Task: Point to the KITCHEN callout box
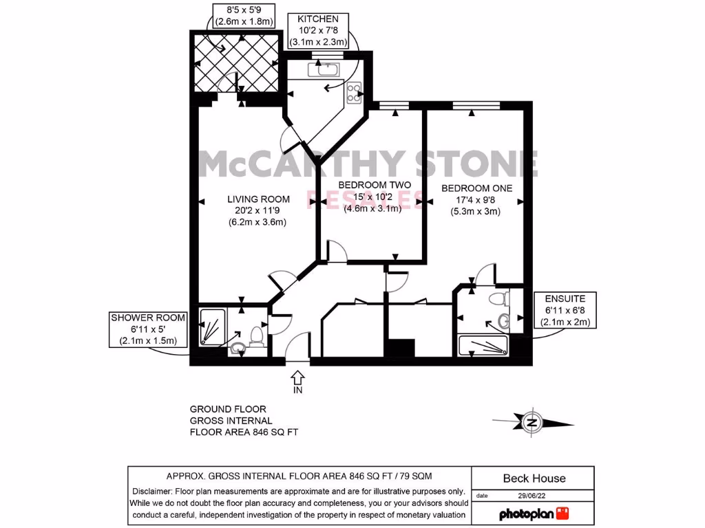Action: pyautogui.click(x=317, y=31)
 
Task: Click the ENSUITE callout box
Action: pyautogui.click(x=565, y=311)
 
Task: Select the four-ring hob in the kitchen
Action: pyautogui.click(x=355, y=92)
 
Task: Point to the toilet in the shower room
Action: pyautogui.click(x=255, y=335)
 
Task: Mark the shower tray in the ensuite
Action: pyautogui.click(x=483, y=346)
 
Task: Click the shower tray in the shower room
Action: pyautogui.click(x=211, y=326)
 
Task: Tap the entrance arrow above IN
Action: pyautogui.click(x=297, y=377)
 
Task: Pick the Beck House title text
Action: pyautogui.click(x=534, y=478)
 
